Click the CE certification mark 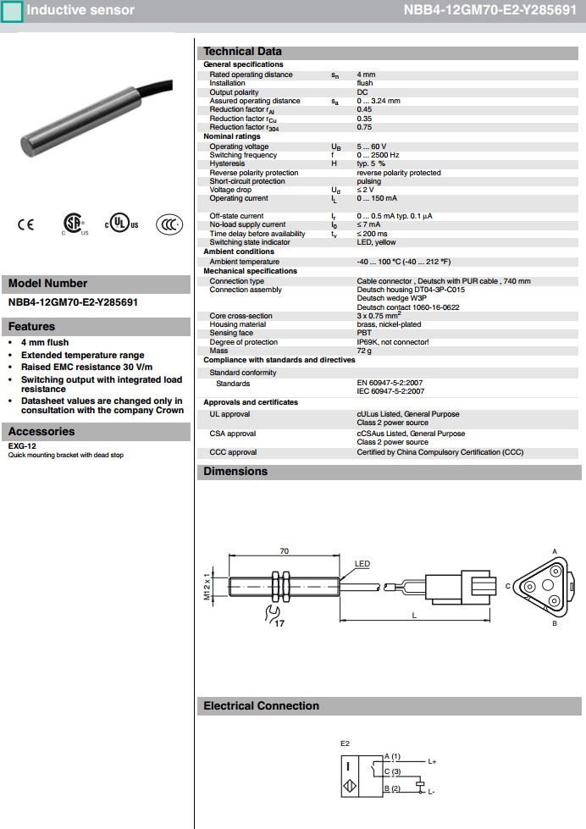(x=25, y=224)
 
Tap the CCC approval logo (x=169, y=224)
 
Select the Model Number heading (x=48, y=284)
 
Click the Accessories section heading (x=41, y=432)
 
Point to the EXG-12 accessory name (x=22, y=446)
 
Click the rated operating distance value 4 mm (x=367, y=75)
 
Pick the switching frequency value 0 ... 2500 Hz (x=378, y=155)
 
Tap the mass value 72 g (x=365, y=350)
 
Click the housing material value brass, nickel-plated (x=387, y=324)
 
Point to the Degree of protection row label (x=243, y=341)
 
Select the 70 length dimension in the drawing (x=284, y=551)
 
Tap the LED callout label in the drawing (x=362, y=564)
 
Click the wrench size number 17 (x=280, y=623)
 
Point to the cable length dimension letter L (x=414, y=615)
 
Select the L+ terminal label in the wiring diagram (x=432, y=761)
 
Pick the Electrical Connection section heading (x=261, y=706)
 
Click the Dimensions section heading (x=235, y=472)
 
